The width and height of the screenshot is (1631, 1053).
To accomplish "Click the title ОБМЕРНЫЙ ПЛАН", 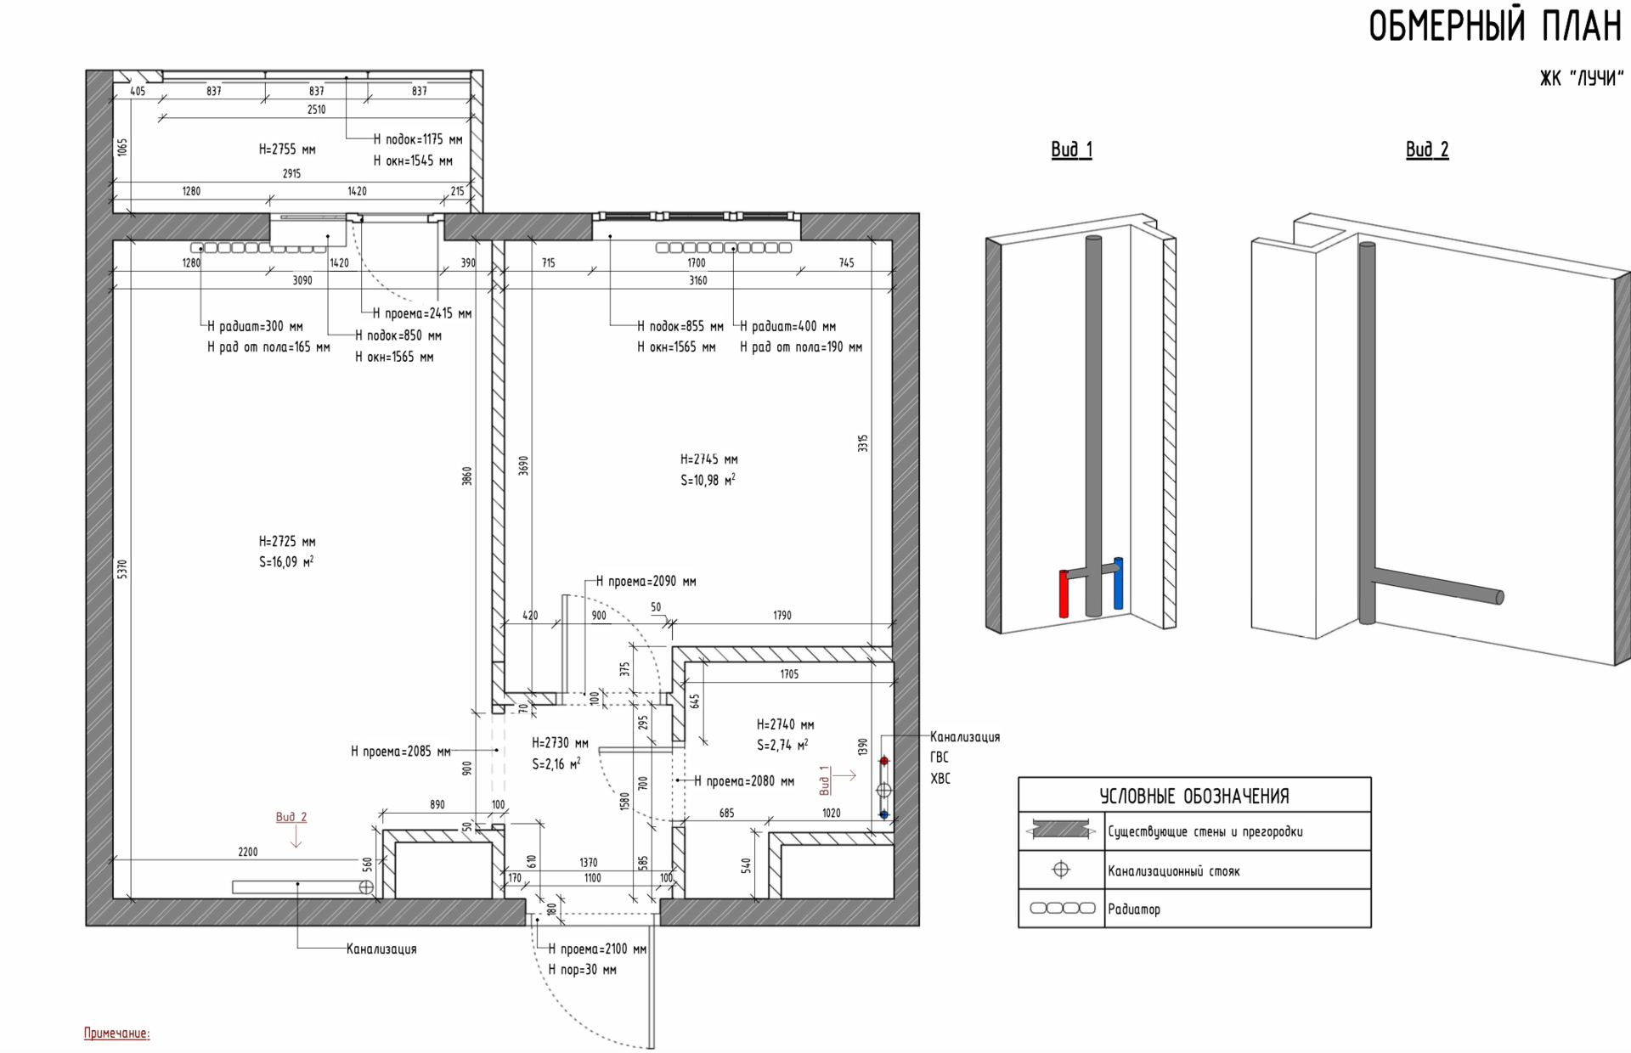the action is [1495, 26].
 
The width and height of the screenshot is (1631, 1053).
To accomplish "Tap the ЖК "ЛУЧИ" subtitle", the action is [1581, 79].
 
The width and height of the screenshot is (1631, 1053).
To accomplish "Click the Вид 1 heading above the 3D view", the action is [1071, 149].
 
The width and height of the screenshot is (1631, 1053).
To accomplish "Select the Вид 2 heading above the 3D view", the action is [1427, 149].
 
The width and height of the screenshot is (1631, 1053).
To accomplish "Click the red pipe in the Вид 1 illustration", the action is [1064, 594].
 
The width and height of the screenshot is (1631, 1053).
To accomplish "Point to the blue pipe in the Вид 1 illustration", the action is [1118, 583].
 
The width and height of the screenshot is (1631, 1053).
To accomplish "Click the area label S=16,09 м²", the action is [286, 561].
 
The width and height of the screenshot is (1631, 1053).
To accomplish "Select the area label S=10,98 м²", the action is [708, 480].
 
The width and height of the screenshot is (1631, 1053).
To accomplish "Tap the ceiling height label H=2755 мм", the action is [287, 149].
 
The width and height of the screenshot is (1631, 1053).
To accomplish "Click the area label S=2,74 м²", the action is [782, 745].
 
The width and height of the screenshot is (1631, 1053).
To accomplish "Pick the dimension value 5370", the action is [122, 569].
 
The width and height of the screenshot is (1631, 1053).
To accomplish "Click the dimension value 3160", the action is [697, 280].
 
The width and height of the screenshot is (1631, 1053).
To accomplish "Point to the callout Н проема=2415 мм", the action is [422, 313].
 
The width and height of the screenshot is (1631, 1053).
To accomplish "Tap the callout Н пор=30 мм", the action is [583, 970].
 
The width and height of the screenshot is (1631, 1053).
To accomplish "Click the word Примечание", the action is [116, 1033].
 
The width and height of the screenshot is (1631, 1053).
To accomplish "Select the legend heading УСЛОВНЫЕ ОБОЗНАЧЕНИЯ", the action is [1194, 797].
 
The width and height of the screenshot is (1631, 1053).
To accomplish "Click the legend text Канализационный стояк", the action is [1173, 871].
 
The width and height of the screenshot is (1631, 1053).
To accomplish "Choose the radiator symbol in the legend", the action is [1062, 909].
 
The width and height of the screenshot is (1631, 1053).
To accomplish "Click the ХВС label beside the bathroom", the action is [940, 779].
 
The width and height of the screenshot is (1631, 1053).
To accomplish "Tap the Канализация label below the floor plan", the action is [381, 949].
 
